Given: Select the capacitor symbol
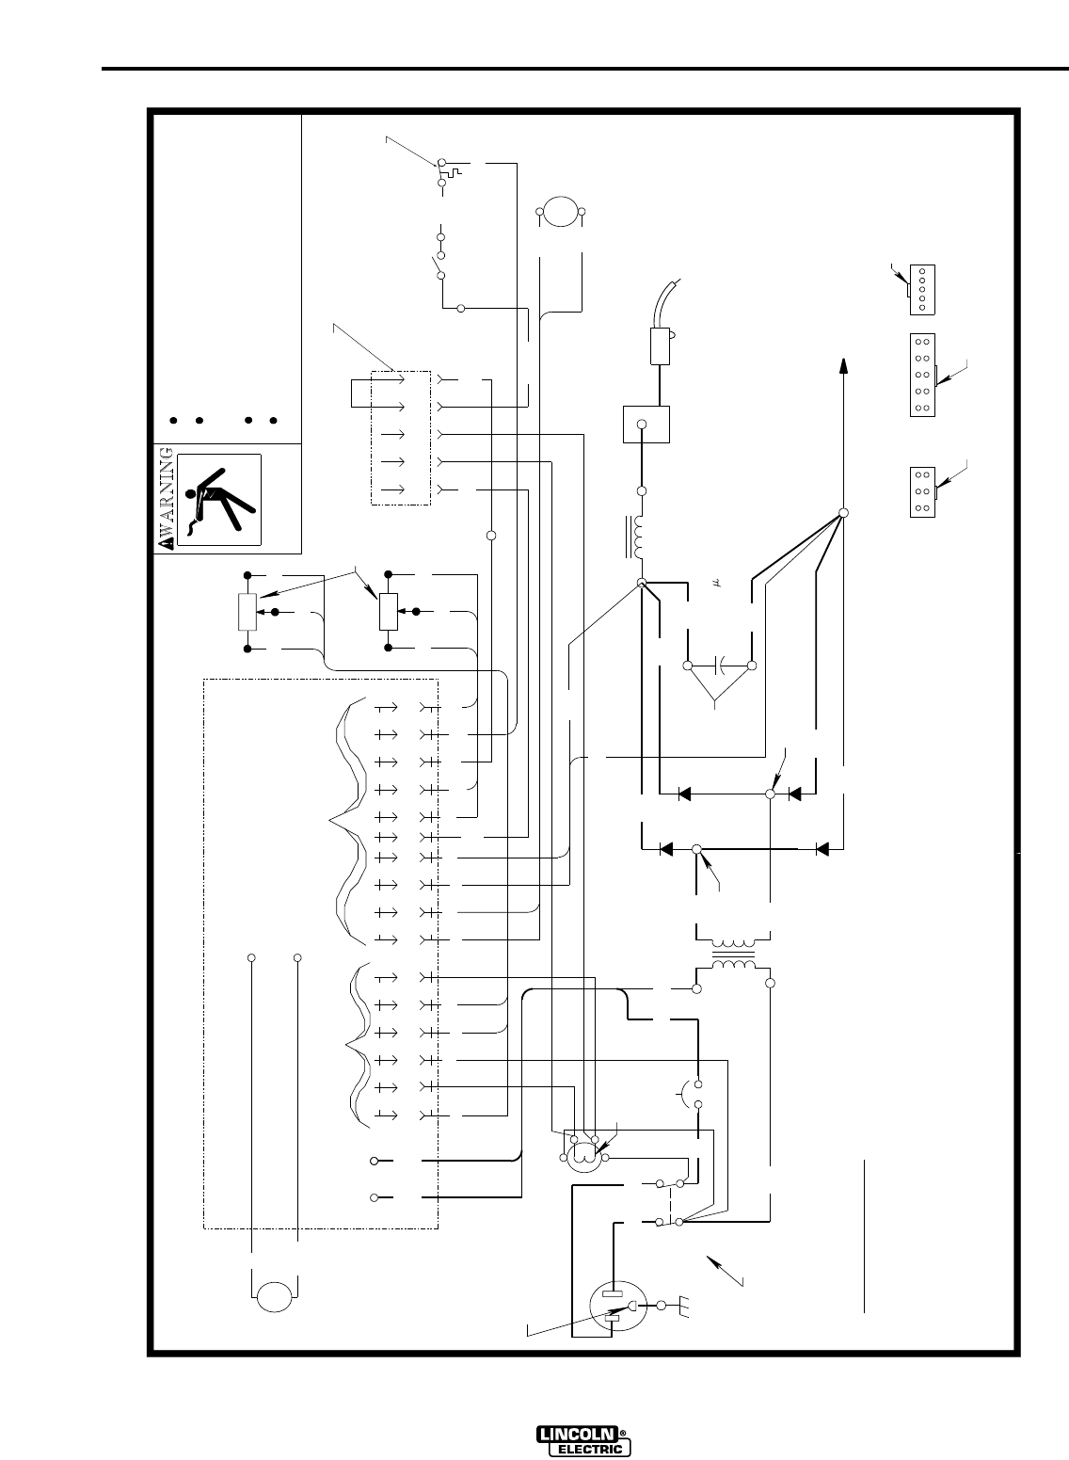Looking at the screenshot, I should click(720, 666).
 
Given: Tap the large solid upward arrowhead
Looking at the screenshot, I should click(843, 365).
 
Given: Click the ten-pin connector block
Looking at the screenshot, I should click(921, 375).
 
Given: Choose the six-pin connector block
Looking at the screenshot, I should click(922, 490).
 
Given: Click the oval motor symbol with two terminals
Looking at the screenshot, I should click(559, 213).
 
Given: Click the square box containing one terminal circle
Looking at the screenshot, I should click(646, 424).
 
